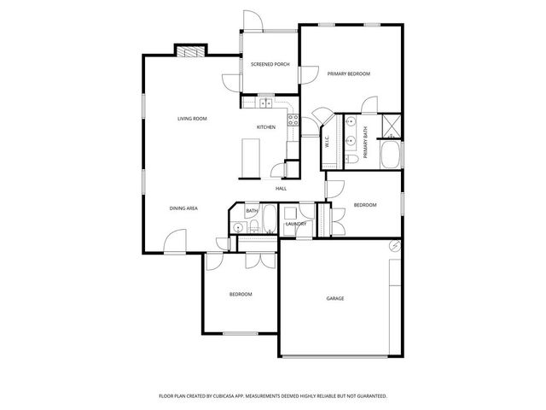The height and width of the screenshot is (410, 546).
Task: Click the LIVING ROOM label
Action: point(192,118)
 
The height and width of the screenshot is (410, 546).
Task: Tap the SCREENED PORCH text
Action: point(270,65)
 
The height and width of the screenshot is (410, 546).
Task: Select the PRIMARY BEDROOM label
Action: point(349,74)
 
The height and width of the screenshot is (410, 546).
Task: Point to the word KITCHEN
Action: point(266,127)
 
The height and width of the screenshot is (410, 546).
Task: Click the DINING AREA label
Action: point(183,208)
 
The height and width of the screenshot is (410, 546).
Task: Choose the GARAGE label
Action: point(335,298)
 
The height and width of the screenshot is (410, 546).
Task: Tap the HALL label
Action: point(281,189)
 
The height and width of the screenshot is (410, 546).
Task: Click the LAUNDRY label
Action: point(296,224)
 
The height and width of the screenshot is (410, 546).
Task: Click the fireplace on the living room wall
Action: point(191,50)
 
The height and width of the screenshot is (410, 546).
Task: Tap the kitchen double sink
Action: point(264,102)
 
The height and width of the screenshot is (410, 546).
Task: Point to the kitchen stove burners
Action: point(293,120)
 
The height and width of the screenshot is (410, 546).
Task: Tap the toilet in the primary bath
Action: point(351,160)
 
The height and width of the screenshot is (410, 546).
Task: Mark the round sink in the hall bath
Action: point(238,226)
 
